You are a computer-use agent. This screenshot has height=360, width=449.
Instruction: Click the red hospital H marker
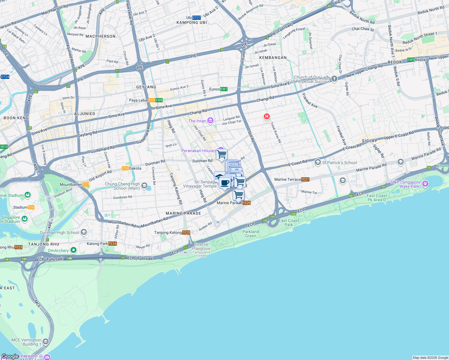267,116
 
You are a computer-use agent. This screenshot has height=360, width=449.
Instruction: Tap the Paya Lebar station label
139,100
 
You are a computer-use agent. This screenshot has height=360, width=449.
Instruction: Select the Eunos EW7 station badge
224,89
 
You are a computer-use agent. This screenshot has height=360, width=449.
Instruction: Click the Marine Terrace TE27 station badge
305,179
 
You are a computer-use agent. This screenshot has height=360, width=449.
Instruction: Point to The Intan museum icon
210,121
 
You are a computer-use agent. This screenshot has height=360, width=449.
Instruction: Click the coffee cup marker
225,182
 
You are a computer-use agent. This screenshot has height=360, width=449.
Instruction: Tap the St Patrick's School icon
318,163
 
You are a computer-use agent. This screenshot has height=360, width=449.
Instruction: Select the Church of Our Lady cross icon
334,79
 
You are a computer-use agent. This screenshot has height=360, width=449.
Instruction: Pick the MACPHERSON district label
100,36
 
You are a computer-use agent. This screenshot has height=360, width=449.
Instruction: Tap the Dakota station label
135,168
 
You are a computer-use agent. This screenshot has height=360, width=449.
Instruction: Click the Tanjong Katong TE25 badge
186,232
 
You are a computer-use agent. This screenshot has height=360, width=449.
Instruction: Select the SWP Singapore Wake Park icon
425,184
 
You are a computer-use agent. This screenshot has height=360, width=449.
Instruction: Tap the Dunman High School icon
84,232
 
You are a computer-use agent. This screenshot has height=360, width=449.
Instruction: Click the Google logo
10,356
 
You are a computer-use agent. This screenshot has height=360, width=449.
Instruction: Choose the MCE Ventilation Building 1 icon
46,341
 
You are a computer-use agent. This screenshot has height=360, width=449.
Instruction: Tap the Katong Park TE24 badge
112,244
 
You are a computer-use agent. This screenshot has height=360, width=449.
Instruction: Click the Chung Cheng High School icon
144,186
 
